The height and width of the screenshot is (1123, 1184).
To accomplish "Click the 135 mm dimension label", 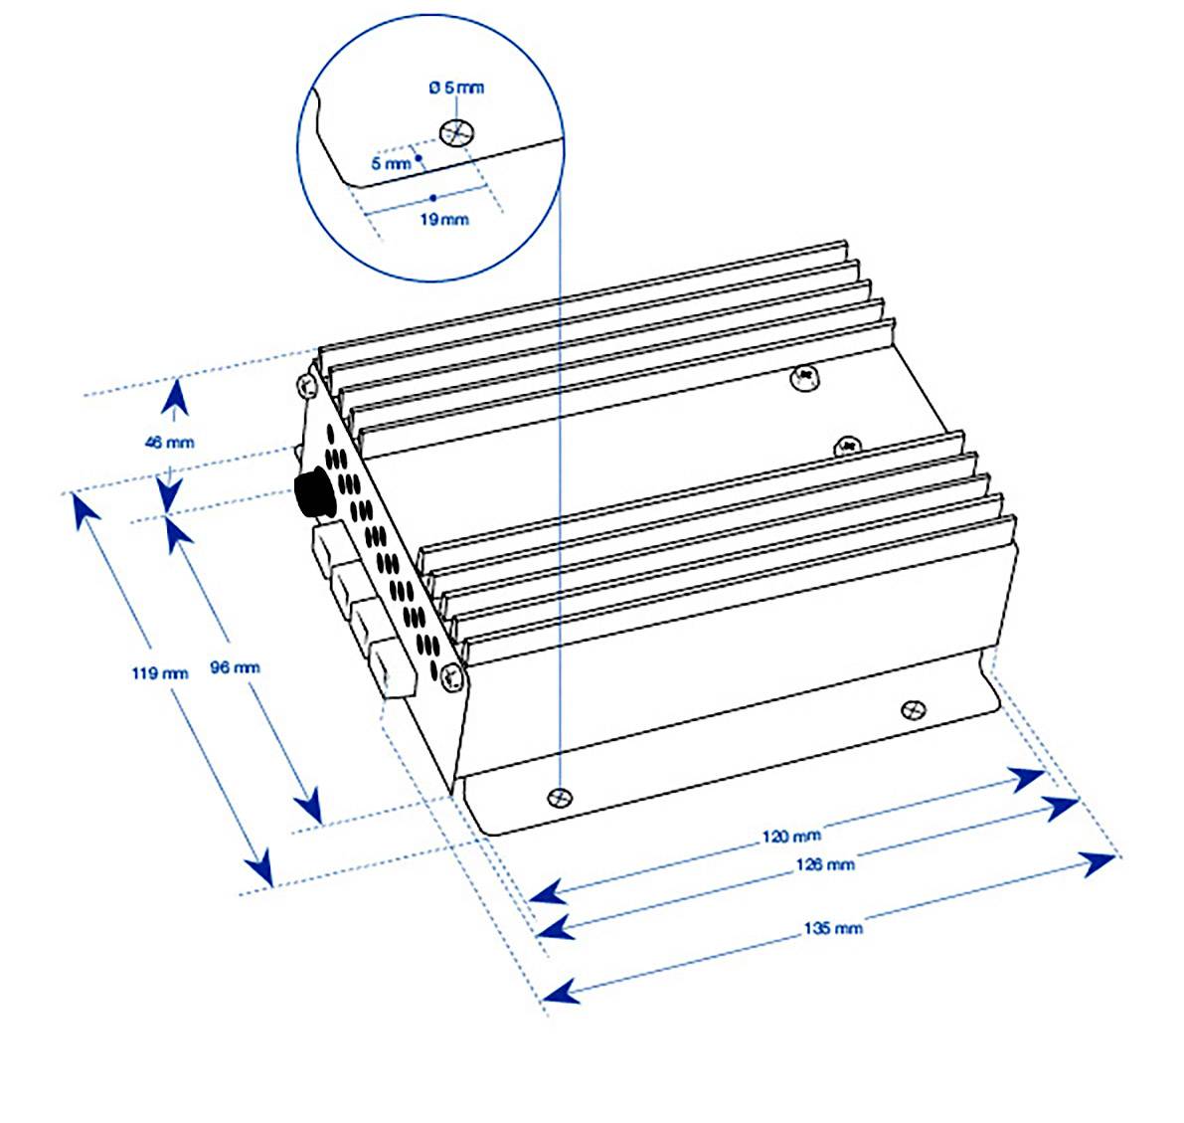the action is coord(833,928).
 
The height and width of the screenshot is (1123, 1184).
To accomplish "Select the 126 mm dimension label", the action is coord(825,863).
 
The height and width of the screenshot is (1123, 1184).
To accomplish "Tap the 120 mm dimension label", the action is coord(791,836).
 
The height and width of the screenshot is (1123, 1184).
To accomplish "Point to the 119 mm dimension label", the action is coord(160,671).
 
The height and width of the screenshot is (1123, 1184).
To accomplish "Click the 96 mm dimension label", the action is coord(235,667).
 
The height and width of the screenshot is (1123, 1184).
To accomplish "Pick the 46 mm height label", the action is coord(170,442).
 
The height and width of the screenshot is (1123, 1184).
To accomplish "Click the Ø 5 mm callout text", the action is coord(457,88).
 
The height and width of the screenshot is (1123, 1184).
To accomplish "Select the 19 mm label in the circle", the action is coord(444,219).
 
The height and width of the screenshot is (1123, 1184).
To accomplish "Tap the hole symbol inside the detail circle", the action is coord(457,133).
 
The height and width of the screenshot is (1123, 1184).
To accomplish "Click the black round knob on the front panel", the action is coord(312,493).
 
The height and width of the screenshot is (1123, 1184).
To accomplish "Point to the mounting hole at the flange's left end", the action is coord(560,797).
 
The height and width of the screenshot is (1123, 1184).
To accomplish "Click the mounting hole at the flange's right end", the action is coord(914,709).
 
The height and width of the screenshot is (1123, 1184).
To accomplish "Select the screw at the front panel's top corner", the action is coord(306,385).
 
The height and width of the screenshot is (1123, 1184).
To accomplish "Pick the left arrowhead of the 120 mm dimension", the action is coord(549,892).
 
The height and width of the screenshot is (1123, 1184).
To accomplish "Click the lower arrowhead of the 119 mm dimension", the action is coord(259,866).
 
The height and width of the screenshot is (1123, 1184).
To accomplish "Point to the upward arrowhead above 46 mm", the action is coord(175,398).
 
